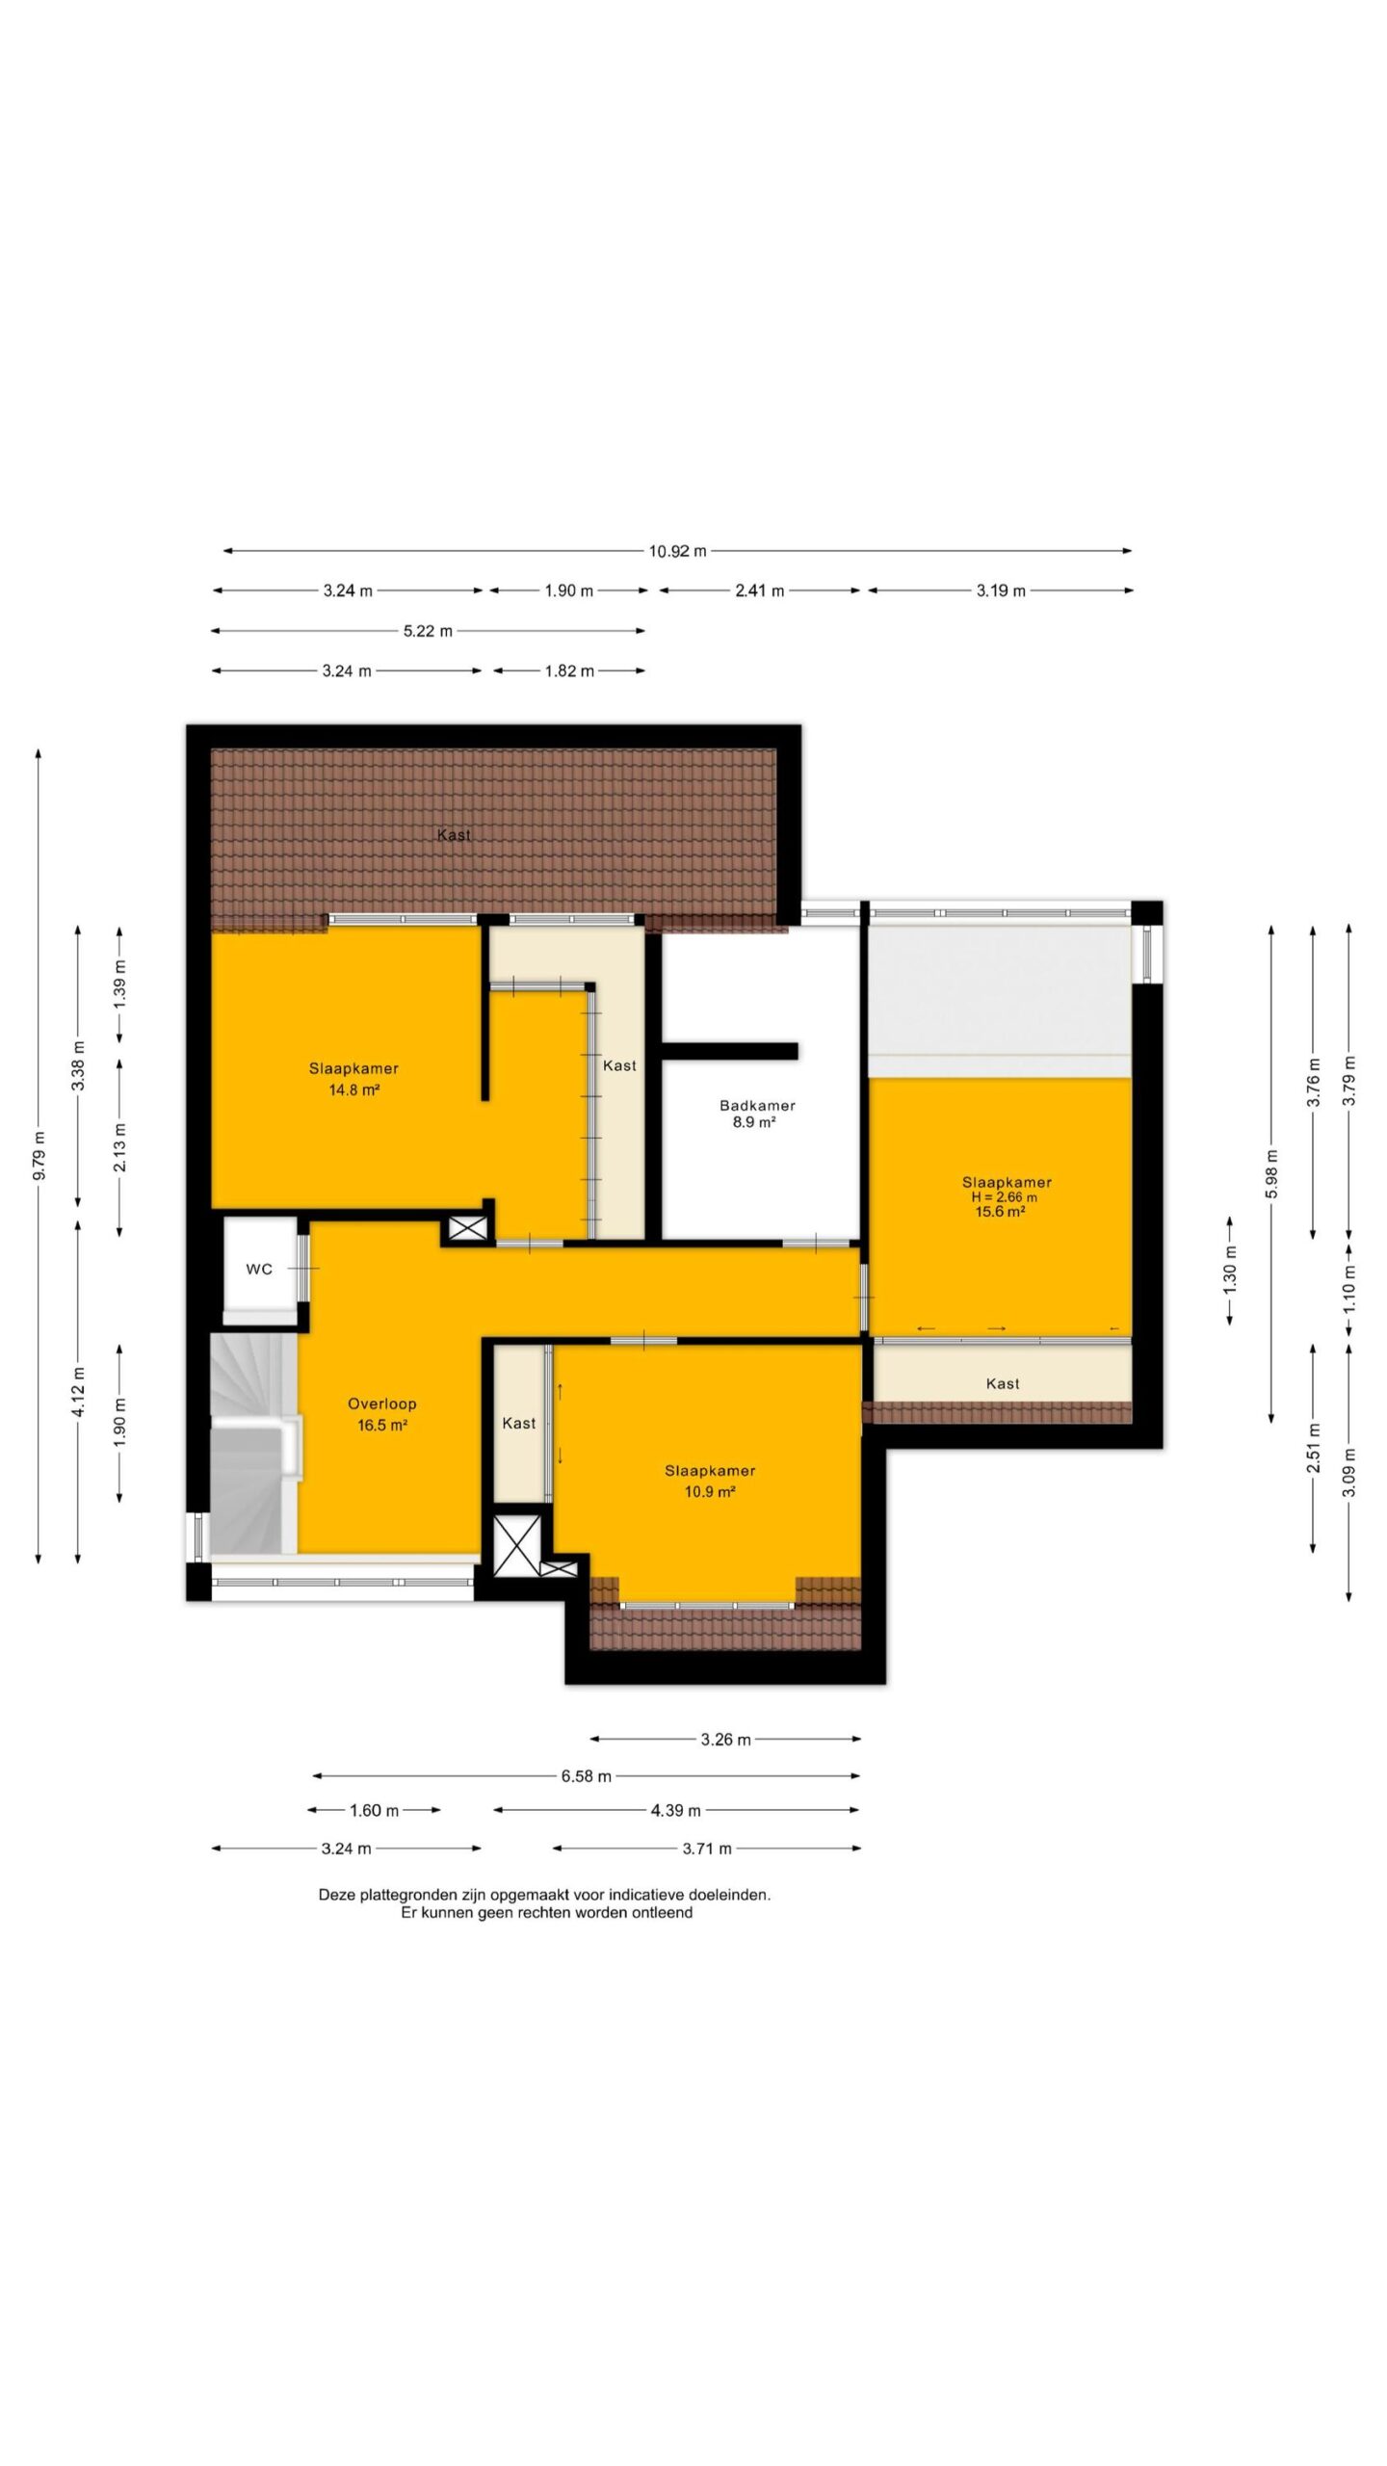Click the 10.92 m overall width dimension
pyautogui.click(x=677, y=551)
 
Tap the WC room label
pyautogui.click(x=259, y=1270)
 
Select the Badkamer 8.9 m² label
pyautogui.click(x=757, y=1114)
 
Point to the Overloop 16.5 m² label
pyautogui.click(x=382, y=1414)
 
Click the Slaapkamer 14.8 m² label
pyautogui.click(x=353, y=1079)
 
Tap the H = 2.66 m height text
pyautogui.click(x=1005, y=1197)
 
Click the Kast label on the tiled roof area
pyautogui.click(x=454, y=835)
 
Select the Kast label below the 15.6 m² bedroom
pyautogui.click(x=1003, y=1383)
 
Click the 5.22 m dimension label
pyautogui.click(x=428, y=631)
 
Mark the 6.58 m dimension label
pyautogui.click(x=587, y=1775)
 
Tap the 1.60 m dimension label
pyautogui.click(x=374, y=1810)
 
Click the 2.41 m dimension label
pyautogui.click(x=759, y=590)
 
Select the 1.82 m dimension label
pyautogui.click(x=569, y=670)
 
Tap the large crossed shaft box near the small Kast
pyautogui.click(x=517, y=1544)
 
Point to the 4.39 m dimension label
pyautogui.click(x=675, y=1810)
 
